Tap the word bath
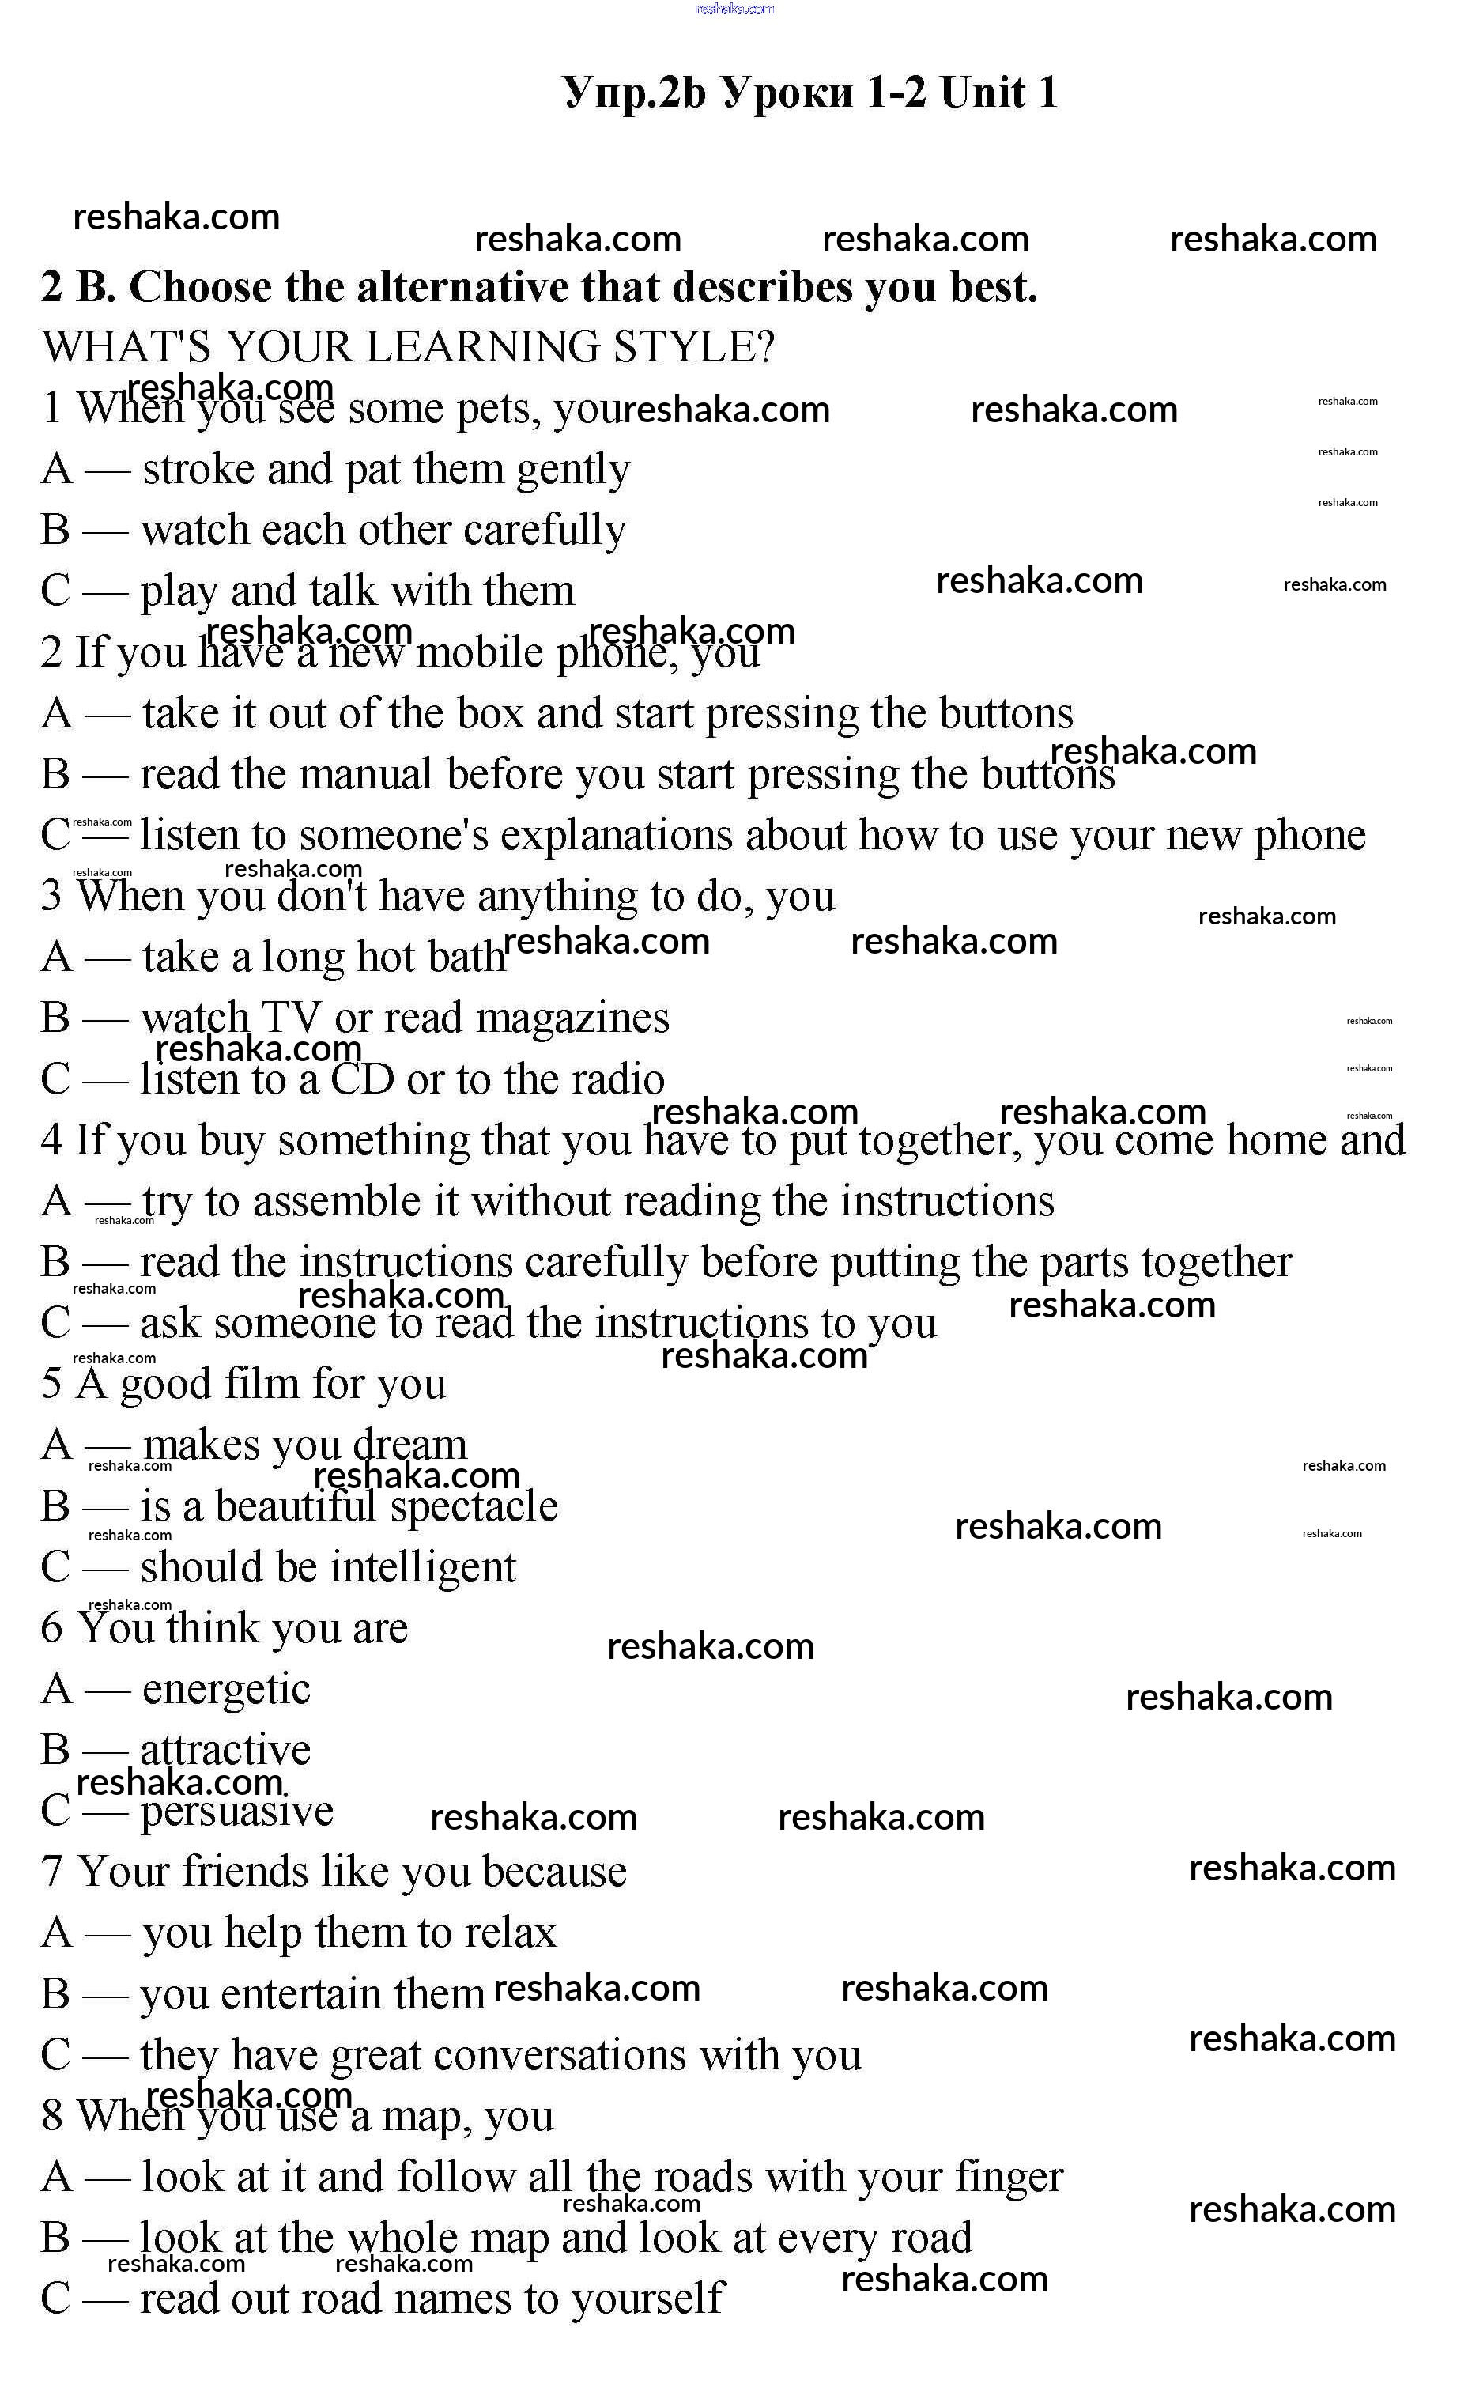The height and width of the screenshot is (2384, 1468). (x=466, y=958)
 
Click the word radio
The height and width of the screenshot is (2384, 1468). (x=617, y=1079)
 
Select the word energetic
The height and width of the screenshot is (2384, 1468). (x=226, y=1690)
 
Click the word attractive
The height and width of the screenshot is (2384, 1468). (x=225, y=1750)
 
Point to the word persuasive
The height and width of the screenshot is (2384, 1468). (x=237, y=1811)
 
